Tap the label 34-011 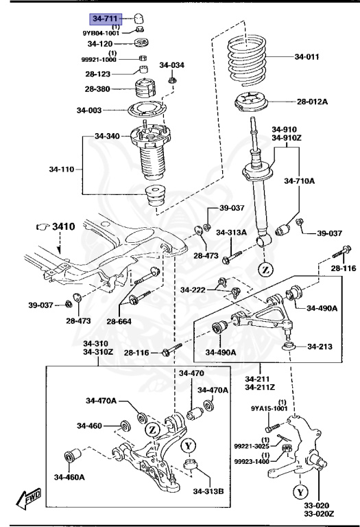[307, 57]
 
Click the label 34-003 [89, 110]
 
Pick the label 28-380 [99, 89]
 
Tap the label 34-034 [172, 65]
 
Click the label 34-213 [320, 346]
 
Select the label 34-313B [208, 491]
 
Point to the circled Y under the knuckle [300, 491]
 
